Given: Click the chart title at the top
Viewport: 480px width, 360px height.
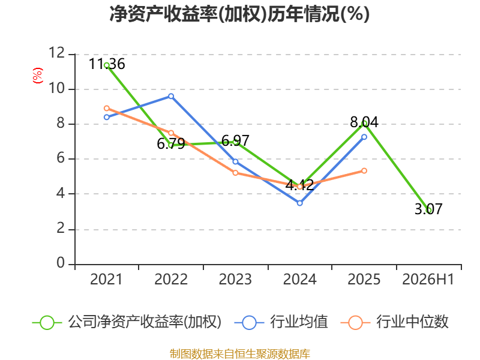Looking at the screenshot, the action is (239, 14).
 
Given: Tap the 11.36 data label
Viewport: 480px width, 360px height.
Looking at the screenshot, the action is (107, 64).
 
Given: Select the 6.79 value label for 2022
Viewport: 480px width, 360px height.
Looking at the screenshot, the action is (171, 143).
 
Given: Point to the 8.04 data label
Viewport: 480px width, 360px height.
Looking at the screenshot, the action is (364, 122).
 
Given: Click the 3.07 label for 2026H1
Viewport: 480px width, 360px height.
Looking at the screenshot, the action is (428, 209).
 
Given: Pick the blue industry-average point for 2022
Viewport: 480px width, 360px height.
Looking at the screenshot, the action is (171, 97).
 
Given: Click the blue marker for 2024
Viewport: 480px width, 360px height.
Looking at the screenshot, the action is (299, 203).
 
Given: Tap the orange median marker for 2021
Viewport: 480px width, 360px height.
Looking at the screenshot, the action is (107, 109).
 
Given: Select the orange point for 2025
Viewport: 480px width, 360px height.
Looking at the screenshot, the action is (364, 171).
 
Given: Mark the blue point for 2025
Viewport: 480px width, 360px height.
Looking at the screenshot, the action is (364, 137).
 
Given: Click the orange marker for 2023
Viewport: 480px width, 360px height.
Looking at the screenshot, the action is (235, 173).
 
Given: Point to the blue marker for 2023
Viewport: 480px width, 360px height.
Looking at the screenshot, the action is (235, 161).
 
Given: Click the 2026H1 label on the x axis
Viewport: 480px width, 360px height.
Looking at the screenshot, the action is (428, 280).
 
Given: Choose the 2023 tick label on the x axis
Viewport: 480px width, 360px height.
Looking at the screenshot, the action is (235, 280).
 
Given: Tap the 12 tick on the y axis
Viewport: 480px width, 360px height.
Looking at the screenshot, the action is (57, 53).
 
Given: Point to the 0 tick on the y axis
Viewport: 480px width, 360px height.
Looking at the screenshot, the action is (61, 263).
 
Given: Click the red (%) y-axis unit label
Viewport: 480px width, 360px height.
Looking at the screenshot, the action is (38, 76).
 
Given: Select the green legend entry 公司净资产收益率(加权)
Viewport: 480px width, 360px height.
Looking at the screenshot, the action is (127, 322).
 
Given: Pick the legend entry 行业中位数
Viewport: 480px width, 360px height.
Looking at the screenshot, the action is (394, 322).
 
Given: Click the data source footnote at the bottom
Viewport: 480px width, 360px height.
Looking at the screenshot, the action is (240, 354).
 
